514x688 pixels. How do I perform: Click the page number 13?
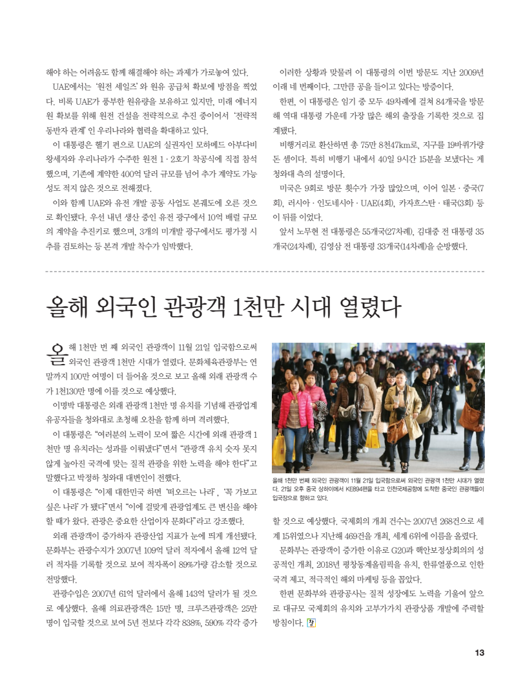point(479,652)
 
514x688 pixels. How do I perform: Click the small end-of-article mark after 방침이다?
point(311,623)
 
